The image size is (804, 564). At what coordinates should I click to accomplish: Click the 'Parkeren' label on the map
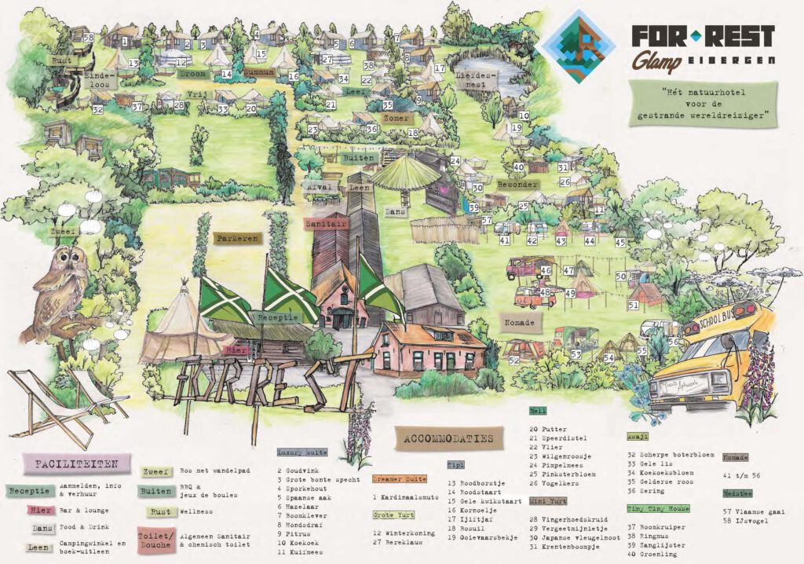236,238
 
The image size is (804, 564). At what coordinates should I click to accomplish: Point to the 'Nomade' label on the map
519,322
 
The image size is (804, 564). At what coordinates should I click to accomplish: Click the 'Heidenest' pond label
481,79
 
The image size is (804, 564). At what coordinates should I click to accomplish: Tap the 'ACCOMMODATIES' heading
449,438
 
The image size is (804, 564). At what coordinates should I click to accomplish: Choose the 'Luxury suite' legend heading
301,452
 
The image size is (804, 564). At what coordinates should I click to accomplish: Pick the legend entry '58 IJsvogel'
749,522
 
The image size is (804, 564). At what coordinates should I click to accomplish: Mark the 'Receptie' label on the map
276,317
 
